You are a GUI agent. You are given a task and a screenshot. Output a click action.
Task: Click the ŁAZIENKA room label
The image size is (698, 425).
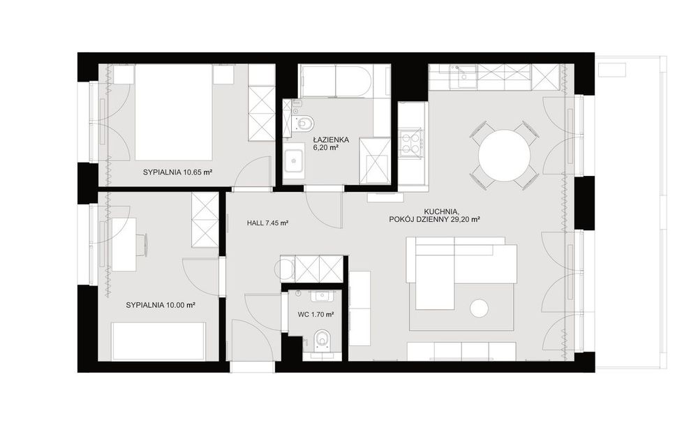click(330, 140)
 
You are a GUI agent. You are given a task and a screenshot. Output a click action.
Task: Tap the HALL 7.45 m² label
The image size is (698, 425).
click(267, 223)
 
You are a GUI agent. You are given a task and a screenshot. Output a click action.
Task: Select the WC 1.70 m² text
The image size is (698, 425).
click(316, 314)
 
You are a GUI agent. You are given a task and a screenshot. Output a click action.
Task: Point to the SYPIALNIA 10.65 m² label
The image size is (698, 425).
click(177, 172)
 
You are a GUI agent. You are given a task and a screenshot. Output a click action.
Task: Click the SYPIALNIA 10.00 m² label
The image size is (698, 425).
click(161, 305)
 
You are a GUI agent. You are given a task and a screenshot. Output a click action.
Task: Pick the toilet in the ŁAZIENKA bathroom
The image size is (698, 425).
click(304, 122)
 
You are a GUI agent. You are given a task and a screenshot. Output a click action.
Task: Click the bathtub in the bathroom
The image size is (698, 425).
click(334, 80)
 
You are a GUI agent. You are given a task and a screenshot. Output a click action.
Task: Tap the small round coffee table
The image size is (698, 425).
click(479, 308)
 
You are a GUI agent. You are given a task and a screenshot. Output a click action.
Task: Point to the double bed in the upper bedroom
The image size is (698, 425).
click(174, 112)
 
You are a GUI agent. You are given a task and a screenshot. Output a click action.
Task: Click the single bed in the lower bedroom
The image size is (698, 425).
click(158, 341)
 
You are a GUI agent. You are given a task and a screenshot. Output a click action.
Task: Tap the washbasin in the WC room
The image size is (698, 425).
click(322, 295)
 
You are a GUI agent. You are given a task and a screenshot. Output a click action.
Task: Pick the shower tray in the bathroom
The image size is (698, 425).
click(375, 161)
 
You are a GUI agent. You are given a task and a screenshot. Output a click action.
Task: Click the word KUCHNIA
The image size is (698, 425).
click(440, 211)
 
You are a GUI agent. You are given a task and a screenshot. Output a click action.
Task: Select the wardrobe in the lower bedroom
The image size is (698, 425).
click(205, 220)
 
